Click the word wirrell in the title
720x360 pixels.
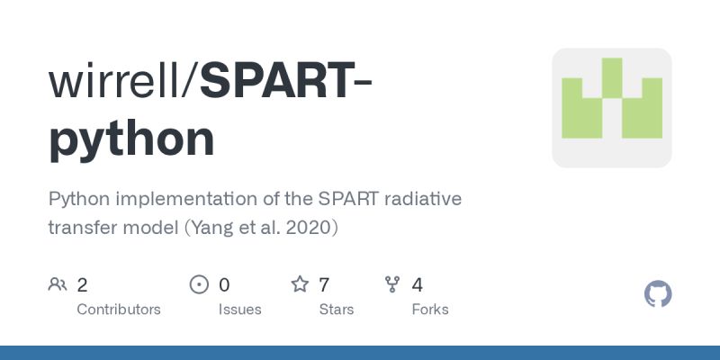tap(114, 80)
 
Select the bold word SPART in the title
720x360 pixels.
tap(275, 80)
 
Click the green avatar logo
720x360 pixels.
tap(612, 108)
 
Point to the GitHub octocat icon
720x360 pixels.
tap(659, 294)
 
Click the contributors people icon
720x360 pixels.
tap(58, 285)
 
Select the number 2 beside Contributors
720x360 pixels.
tap(82, 285)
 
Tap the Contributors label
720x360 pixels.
tap(119, 310)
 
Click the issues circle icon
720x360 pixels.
tap(199, 285)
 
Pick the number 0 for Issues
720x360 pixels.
tap(224, 285)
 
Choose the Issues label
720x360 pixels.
tap(239, 310)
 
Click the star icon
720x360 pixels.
tap(300, 285)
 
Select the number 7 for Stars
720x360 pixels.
tap(324, 285)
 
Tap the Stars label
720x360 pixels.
tap(337, 310)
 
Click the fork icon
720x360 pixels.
tap(392, 285)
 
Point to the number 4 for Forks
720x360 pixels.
tap(417, 285)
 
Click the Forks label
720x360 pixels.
tap(430, 310)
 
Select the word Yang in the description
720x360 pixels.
tap(214, 228)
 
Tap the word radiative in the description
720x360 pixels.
tap(423, 199)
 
